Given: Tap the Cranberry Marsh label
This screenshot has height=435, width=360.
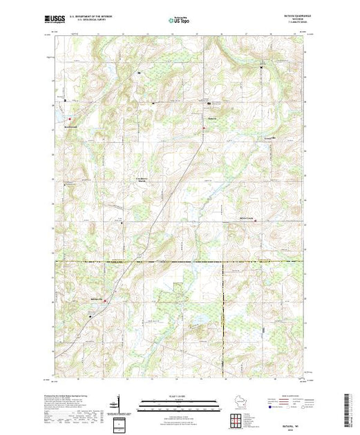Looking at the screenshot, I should pyautogui.click(x=140, y=182).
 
